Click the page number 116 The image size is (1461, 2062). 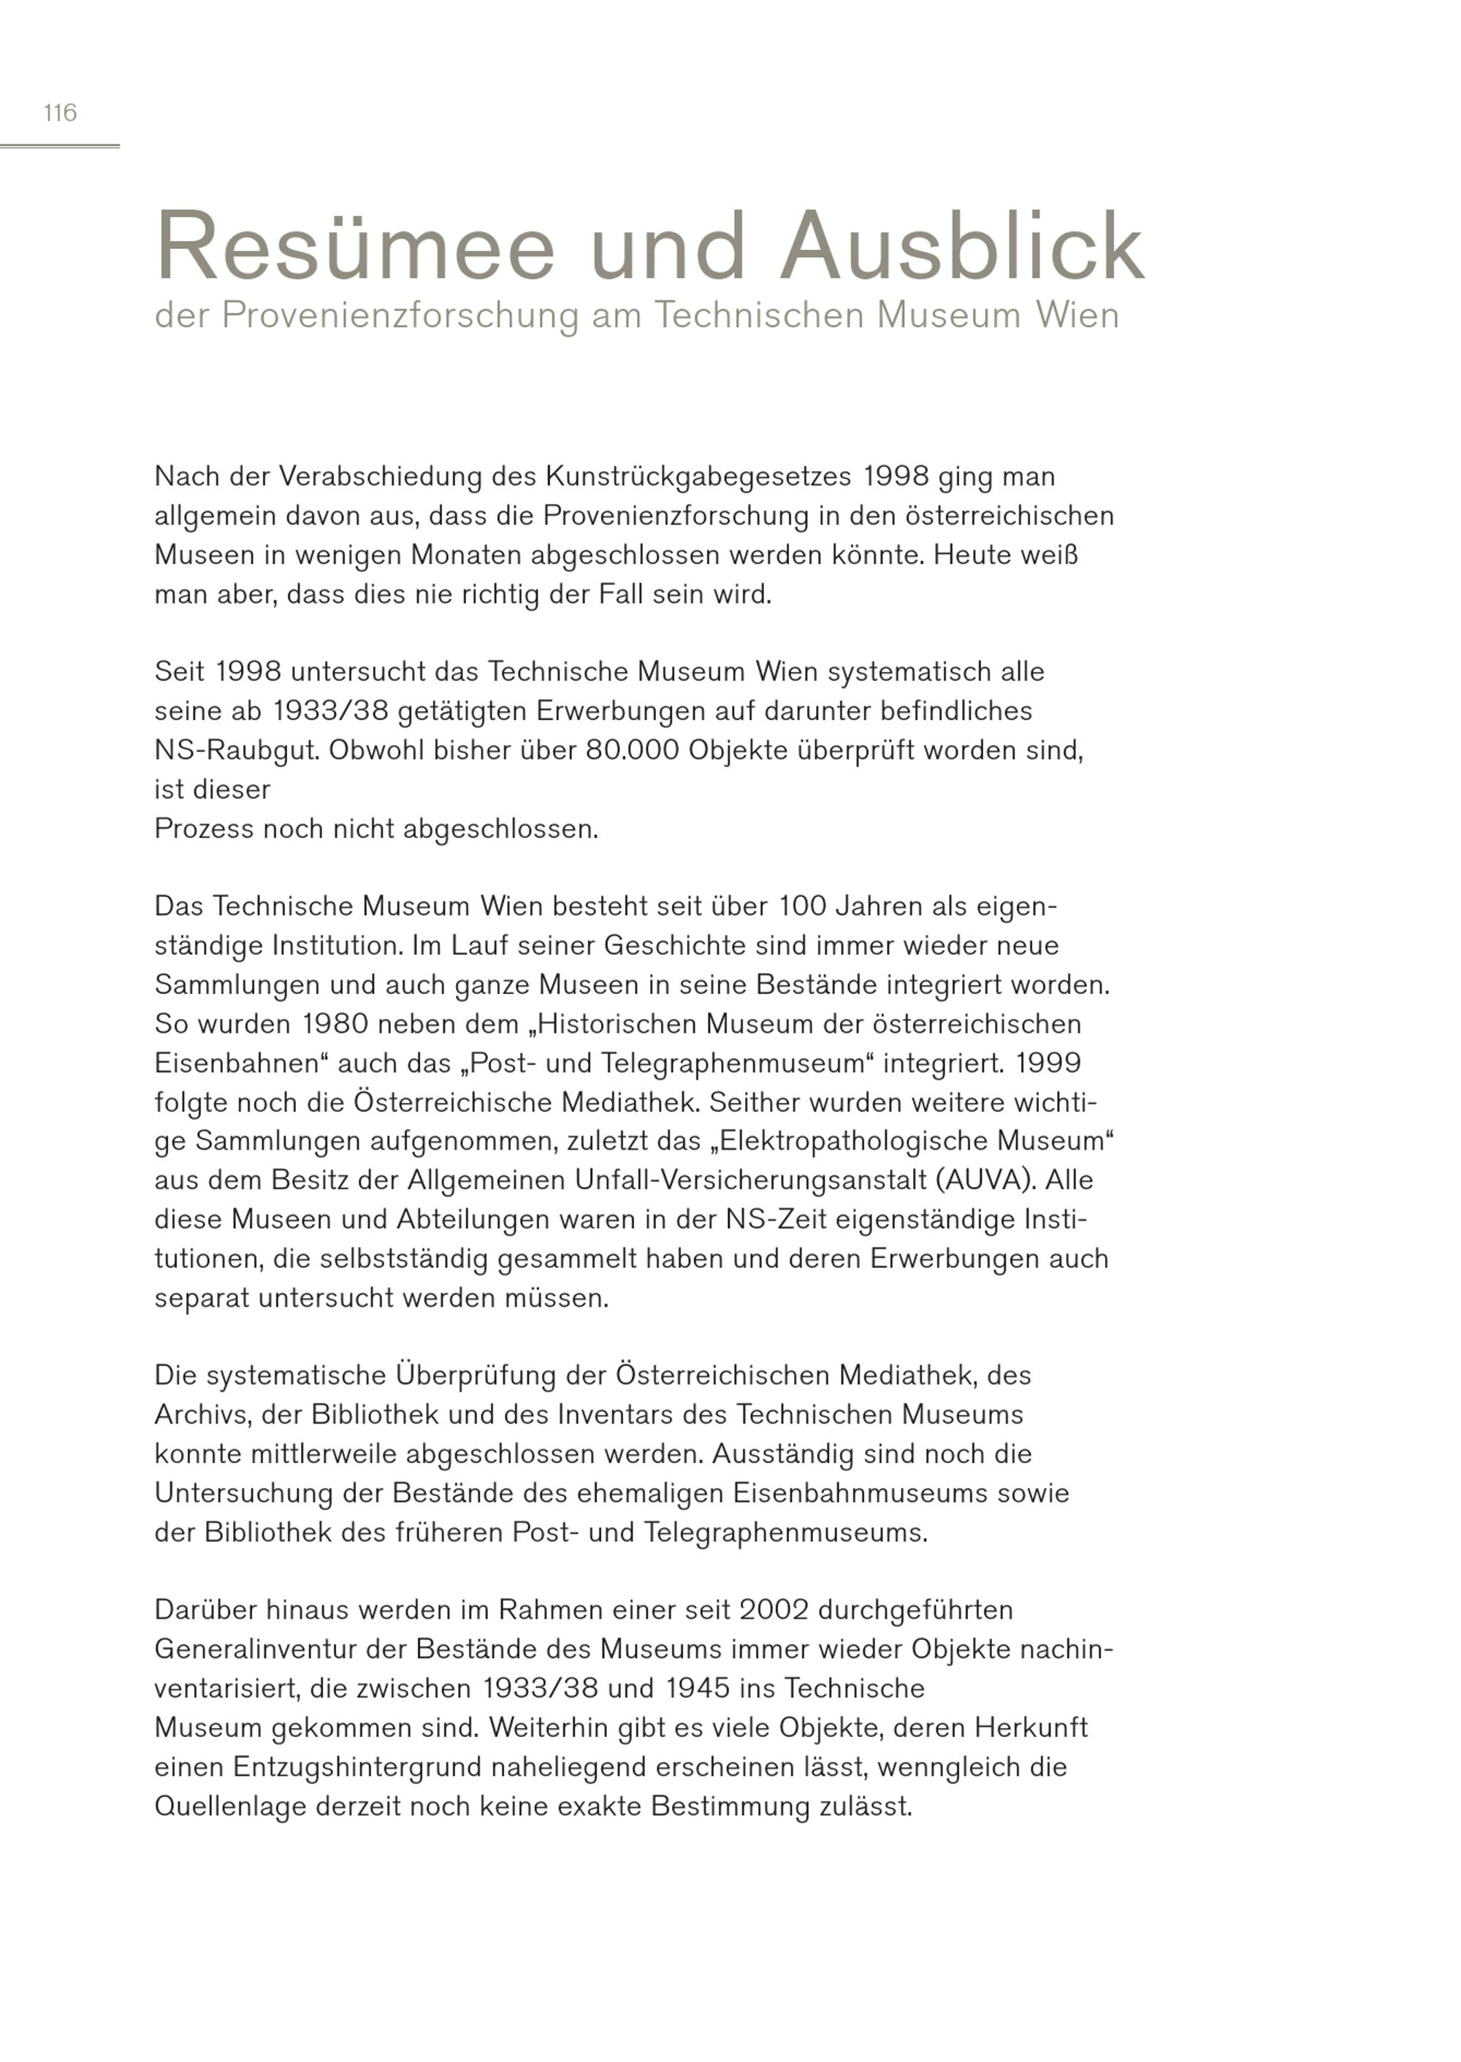coord(61,113)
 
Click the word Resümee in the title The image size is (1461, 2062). coord(355,248)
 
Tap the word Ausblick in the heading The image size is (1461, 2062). coord(963,248)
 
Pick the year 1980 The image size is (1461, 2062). coord(335,1025)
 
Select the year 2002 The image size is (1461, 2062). coord(774,1611)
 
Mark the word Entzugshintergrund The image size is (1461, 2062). coord(357,1768)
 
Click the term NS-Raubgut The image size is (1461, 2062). coord(237,750)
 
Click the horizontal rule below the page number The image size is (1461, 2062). coord(59,146)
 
